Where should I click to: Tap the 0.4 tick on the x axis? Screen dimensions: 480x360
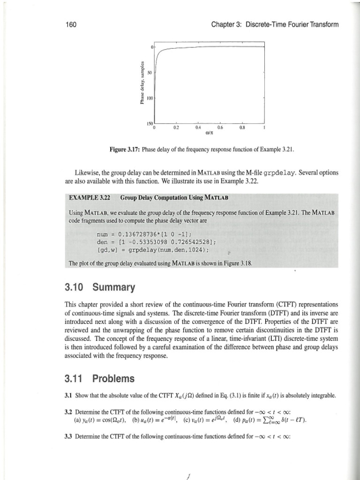click(x=198, y=127)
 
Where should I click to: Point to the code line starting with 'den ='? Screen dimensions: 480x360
click(x=150, y=241)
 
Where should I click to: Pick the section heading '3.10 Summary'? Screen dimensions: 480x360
click(x=99, y=286)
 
